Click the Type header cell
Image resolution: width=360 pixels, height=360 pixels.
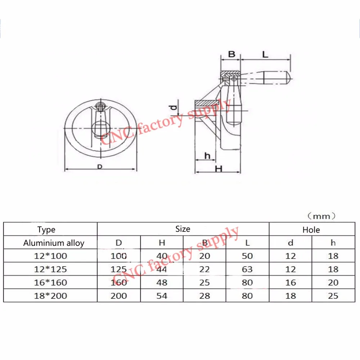[x=46, y=229]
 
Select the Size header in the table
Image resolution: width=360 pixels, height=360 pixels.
[x=183, y=229]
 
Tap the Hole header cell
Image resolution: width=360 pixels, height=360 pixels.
[x=311, y=230]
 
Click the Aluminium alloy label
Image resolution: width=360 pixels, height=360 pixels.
[x=54, y=243]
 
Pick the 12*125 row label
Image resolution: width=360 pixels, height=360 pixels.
[x=50, y=269]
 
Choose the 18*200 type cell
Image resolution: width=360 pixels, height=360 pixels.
[x=50, y=296]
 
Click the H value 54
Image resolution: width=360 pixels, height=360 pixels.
[x=162, y=296]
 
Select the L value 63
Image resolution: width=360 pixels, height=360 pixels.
[x=247, y=269]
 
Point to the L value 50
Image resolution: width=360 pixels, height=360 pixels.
[x=247, y=256]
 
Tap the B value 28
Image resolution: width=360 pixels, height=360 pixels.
[x=204, y=296]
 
